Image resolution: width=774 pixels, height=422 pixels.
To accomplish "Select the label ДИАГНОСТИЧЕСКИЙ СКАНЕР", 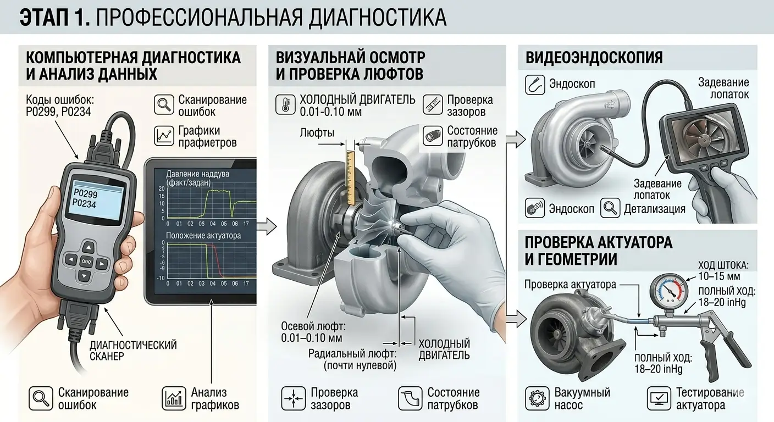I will tap(133, 351).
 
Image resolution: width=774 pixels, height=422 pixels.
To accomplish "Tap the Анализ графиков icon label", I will tap(214, 399).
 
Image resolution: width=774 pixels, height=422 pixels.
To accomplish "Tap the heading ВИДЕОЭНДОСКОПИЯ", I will tap(594, 58).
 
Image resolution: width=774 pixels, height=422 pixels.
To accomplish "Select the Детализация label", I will tap(654, 209).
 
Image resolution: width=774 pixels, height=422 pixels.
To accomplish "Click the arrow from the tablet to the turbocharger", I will tap(265, 225).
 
